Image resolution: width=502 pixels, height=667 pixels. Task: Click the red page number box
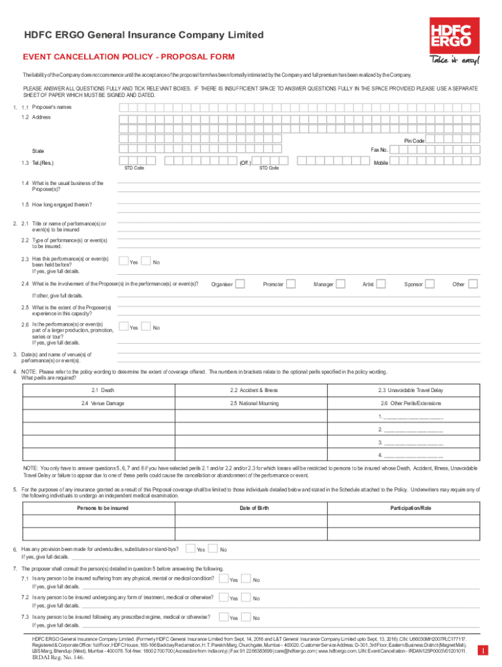tap(482, 650)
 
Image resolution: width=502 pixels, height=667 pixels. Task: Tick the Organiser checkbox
tap(240, 283)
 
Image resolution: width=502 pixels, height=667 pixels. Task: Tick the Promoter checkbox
tap(291, 283)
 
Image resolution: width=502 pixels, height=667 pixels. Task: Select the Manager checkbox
tap(341, 283)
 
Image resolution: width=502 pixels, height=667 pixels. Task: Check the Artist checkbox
tap(381, 283)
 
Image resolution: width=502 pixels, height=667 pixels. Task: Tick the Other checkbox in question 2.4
tap(473, 283)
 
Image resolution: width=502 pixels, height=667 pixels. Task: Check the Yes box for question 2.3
tap(123, 261)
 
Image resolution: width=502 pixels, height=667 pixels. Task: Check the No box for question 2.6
tap(146, 326)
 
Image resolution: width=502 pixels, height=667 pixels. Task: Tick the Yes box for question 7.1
tap(223, 578)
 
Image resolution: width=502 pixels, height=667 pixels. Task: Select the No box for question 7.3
tap(246, 616)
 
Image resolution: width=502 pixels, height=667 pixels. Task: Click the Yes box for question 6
tap(190, 548)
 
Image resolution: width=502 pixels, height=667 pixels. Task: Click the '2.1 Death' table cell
tap(98, 390)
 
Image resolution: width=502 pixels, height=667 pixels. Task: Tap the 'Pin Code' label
tap(414, 141)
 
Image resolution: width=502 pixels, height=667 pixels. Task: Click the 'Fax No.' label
tap(379, 150)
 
